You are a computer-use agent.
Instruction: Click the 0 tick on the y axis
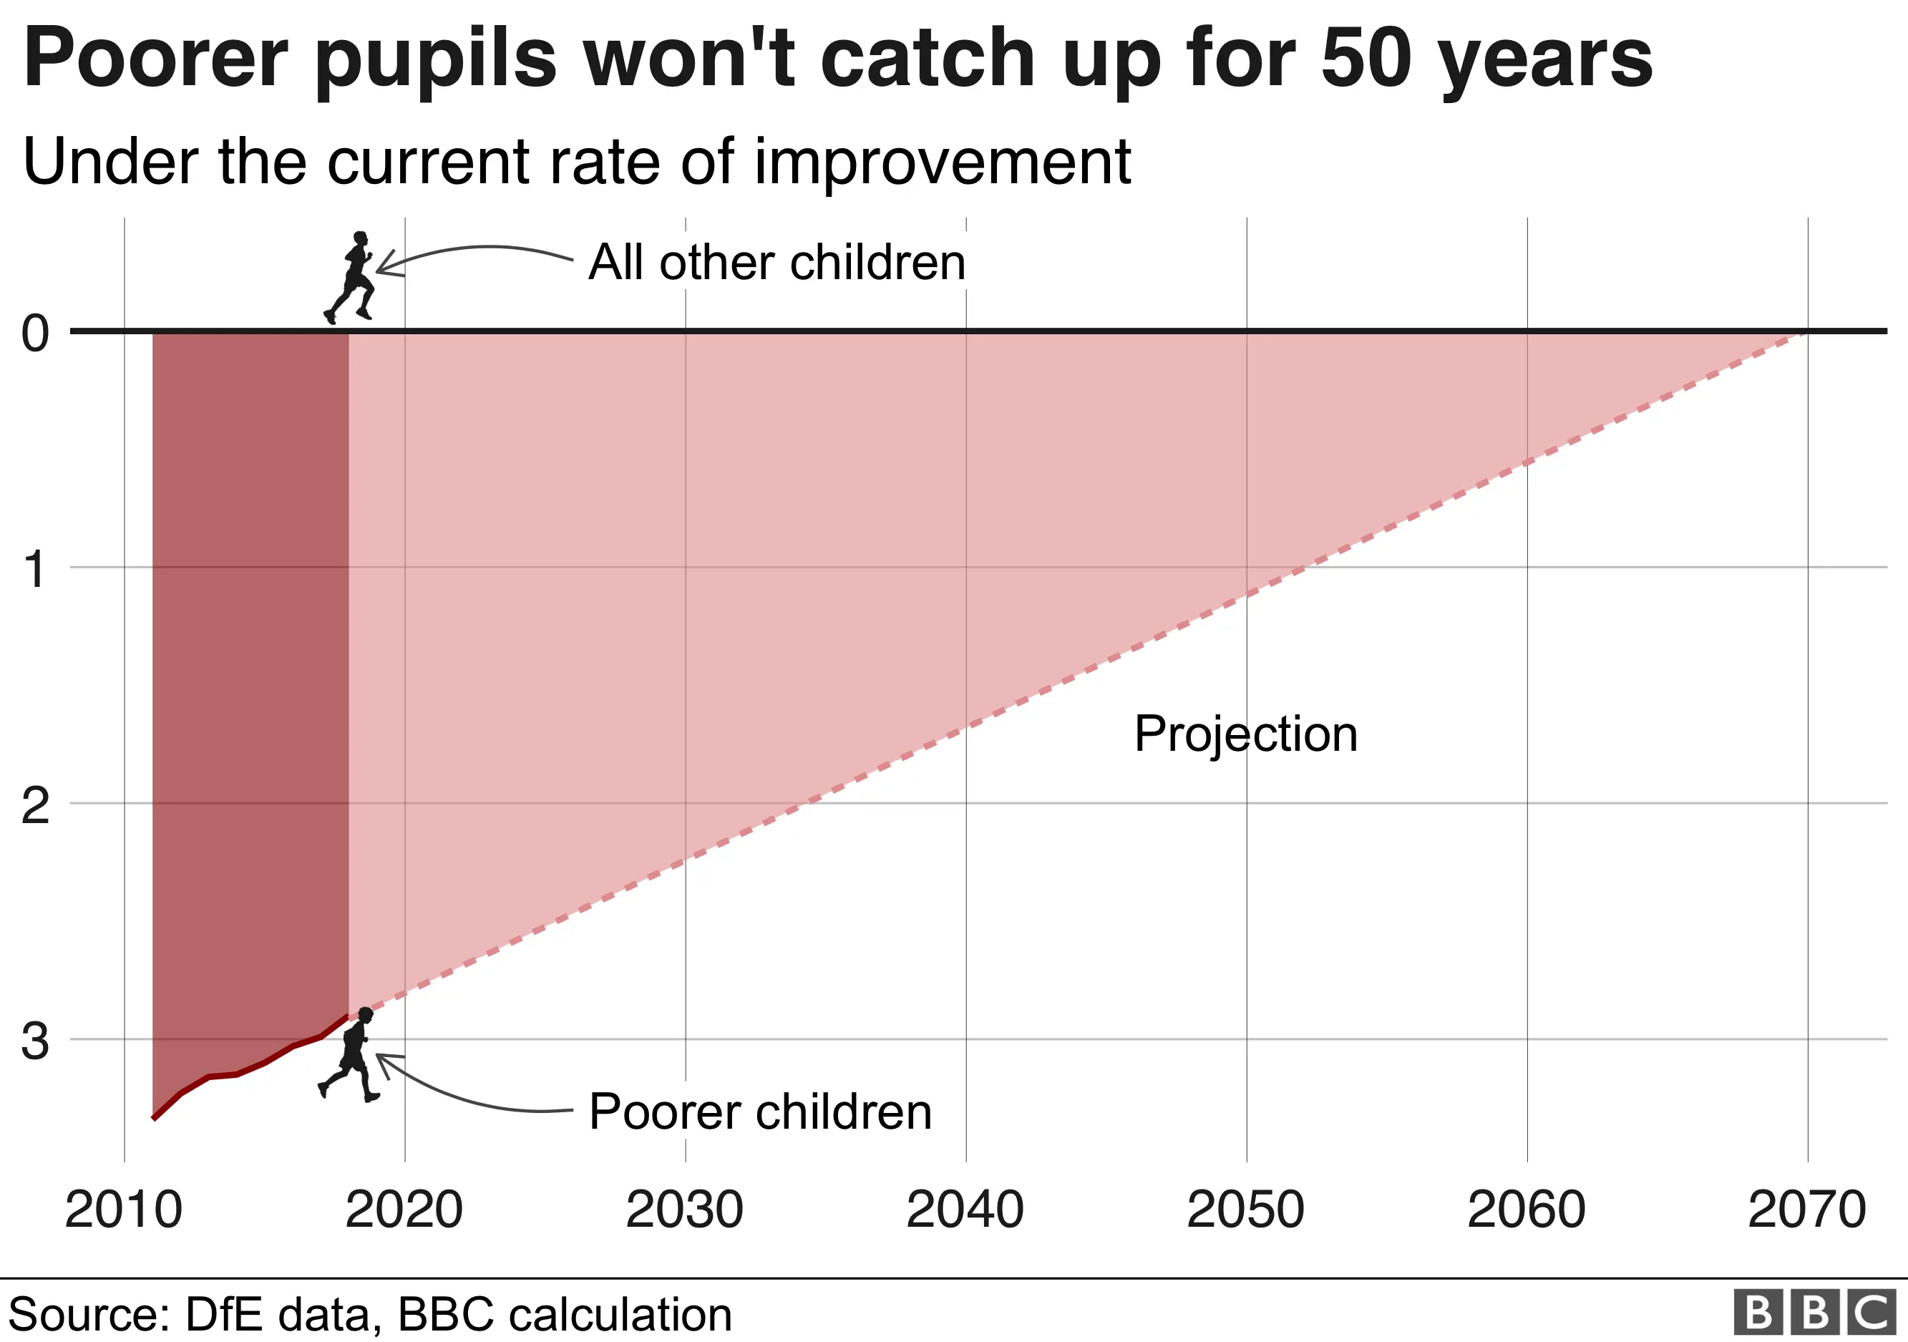(x=35, y=334)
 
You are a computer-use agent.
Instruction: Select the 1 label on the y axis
(x=35, y=570)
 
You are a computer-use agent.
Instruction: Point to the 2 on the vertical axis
(x=35, y=806)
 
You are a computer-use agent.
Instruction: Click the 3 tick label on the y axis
(x=35, y=1041)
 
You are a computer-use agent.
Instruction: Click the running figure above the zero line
(x=352, y=278)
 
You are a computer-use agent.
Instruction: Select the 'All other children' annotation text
(x=777, y=263)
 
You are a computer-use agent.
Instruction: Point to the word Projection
(x=1246, y=734)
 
